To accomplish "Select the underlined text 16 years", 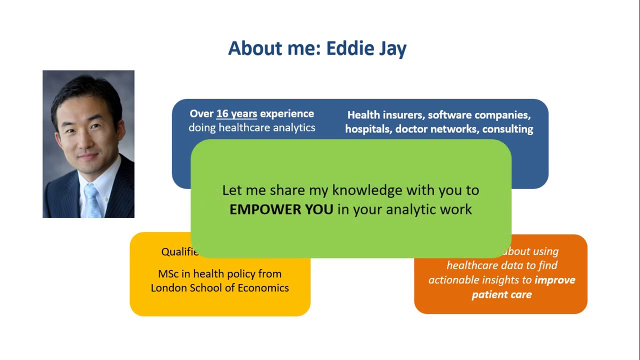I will tap(236, 114).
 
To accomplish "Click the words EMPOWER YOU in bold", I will tap(281, 209).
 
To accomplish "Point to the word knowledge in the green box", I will tap(367, 190).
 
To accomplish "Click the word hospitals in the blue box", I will tap(368, 129).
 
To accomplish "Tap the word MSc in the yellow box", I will tap(167, 274).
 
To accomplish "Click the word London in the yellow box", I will tap(168, 288).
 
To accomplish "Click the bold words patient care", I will tap(501, 294).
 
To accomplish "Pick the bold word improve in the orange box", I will tap(555, 280).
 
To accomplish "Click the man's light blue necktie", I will tap(91, 200).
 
